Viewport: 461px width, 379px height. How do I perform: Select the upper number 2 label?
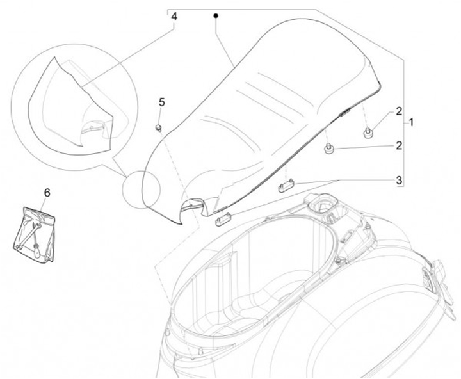[398, 111]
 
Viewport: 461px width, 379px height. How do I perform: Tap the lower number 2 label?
[398, 146]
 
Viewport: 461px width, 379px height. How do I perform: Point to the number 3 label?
[398, 181]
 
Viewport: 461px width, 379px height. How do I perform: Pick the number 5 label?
[161, 102]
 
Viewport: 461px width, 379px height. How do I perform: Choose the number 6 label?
[46, 192]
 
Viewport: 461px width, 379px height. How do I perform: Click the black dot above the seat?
[216, 15]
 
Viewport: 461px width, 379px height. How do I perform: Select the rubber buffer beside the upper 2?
[368, 133]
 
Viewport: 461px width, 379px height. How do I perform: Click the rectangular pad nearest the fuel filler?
[286, 186]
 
